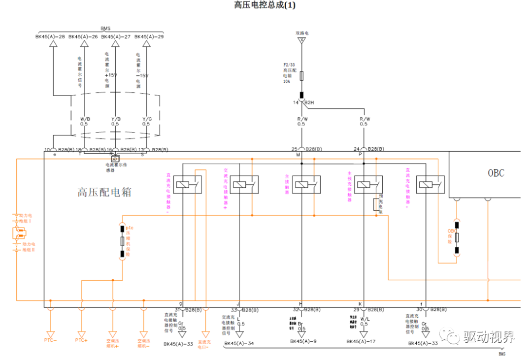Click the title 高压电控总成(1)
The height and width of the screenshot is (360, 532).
[x=265, y=5]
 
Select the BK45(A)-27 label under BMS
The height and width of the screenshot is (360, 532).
[x=116, y=36]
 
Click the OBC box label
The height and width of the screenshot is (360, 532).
[x=496, y=173]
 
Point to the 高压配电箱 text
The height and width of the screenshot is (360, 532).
[x=104, y=193]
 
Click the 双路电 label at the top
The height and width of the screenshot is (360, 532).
[x=302, y=33]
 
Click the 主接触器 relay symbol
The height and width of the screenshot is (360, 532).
[x=307, y=185]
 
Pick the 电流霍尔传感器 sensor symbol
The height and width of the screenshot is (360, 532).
[x=115, y=159]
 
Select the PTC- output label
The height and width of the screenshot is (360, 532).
[x=50, y=340]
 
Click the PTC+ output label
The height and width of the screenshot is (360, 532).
[x=81, y=340]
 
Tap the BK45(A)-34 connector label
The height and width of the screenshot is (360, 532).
[x=239, y=344]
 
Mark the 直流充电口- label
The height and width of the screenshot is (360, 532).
[x=204, y=344]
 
